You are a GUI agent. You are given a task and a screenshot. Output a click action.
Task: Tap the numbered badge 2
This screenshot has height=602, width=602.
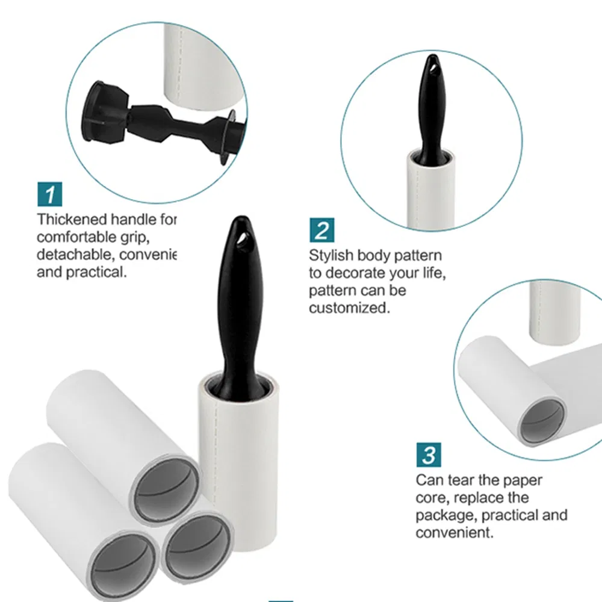[322, 230]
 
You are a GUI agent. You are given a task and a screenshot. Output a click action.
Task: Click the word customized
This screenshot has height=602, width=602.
[349, 308]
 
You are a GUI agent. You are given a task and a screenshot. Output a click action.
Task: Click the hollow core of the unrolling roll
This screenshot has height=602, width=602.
[542, 419]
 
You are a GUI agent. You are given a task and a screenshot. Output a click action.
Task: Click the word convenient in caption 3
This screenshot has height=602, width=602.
[454, 533]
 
